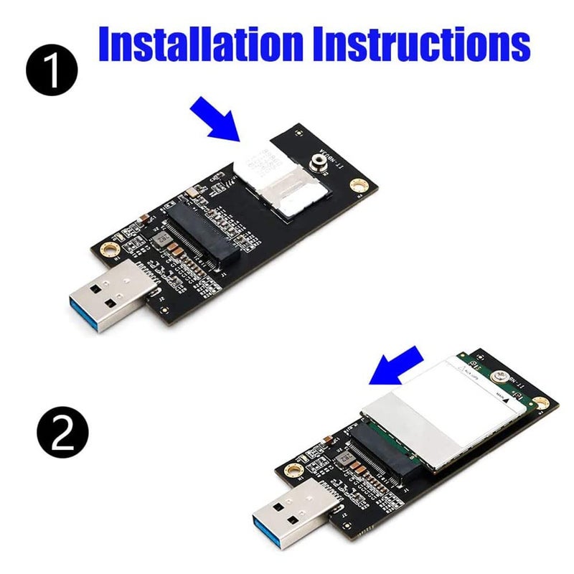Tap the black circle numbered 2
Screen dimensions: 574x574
61,432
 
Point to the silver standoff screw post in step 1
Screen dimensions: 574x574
317,164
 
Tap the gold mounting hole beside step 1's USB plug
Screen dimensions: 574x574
109,249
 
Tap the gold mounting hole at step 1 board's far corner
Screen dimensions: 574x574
355,188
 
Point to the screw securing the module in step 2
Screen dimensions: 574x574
504,378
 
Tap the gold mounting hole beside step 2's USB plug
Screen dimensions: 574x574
292,470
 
